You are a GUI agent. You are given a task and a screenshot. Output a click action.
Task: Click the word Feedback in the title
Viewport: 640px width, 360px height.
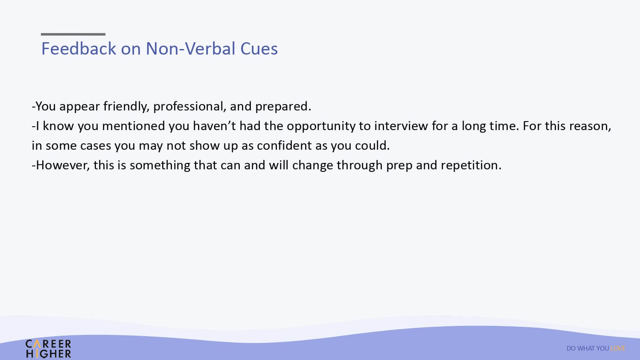point(79,49)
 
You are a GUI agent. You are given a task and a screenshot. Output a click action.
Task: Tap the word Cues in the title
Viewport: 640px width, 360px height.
point(259,49)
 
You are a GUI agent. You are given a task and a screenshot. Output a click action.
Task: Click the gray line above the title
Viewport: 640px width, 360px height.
point(73,34)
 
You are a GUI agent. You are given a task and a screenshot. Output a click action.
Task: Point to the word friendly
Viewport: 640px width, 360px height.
point(126,107)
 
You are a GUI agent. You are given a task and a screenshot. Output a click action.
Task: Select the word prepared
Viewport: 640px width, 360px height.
point(283,107)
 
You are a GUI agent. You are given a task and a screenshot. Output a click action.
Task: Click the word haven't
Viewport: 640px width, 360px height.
point(214,126)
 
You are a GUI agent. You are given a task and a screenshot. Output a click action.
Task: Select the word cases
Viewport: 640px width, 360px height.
point(96,146)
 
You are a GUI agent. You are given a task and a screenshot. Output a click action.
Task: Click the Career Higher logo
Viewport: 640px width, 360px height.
point(48,348)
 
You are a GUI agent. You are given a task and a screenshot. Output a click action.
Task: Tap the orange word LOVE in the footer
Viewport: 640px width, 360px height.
point(618,348)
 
